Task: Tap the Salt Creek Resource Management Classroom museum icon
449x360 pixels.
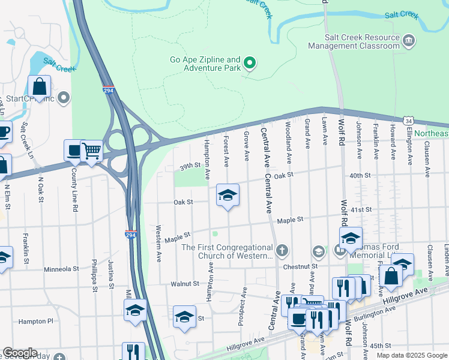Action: point(409,41)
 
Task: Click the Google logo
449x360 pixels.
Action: point(19,353)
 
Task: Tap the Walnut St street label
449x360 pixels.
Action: point(184,283)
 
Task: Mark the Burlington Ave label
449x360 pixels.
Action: point(374,314)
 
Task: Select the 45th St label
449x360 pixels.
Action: point(381,346)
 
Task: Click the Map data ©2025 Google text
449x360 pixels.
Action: point(411,355)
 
